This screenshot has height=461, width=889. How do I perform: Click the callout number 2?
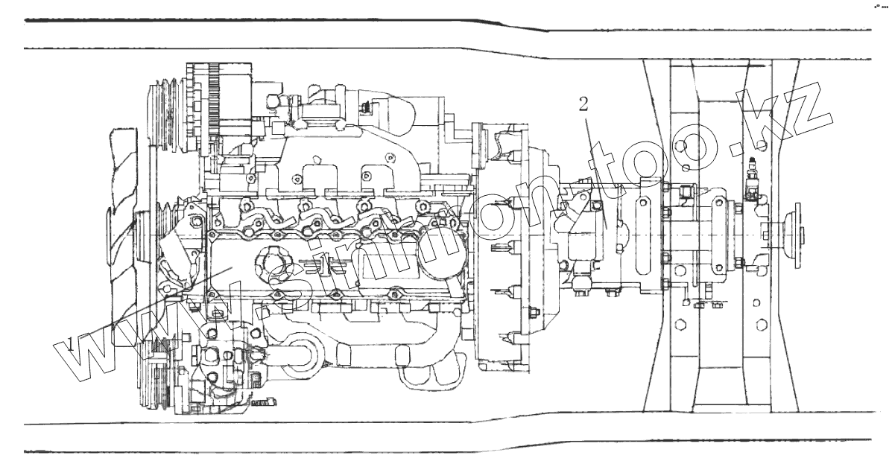(583, 103)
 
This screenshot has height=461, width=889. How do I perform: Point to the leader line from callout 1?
(149, 305)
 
